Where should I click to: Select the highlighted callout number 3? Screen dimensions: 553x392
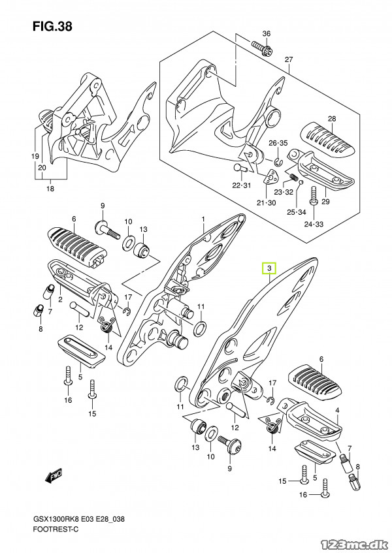[269, 268]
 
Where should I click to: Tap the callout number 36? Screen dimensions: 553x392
[266, 33]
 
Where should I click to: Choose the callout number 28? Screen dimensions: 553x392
[331, 118]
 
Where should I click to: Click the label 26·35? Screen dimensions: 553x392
[278, 142]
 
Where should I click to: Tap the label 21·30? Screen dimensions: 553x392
[267, 202]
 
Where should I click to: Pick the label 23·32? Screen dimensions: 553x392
[283, 193]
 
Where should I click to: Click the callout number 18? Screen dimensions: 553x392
[50, 189]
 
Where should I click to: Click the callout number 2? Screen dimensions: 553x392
[59, 300]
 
